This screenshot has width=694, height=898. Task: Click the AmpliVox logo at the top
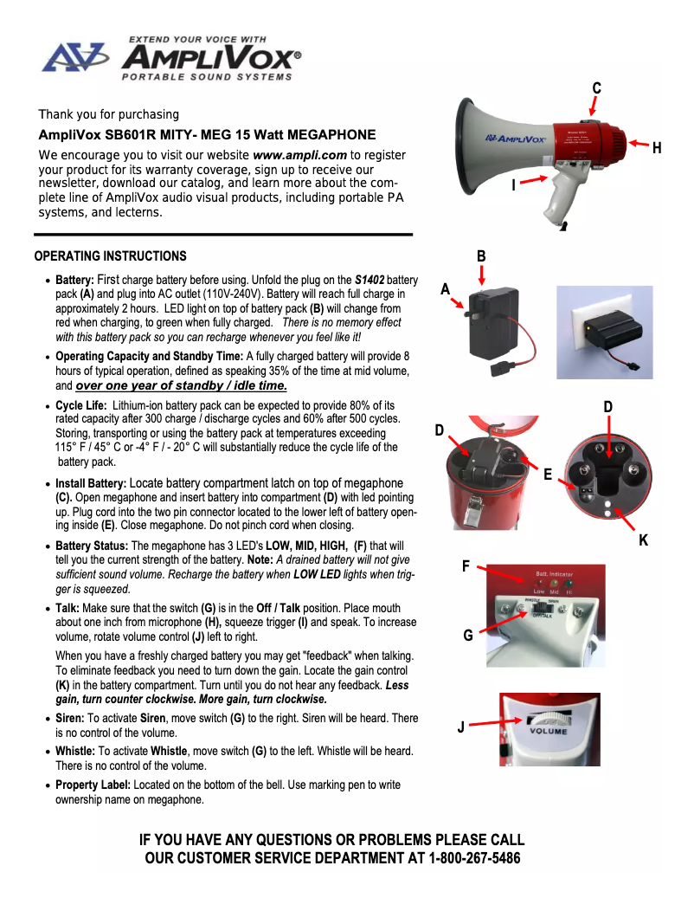(x=173, y=58)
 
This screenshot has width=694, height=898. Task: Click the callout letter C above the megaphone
(x=596, y=88)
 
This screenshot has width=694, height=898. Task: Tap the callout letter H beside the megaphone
(x=657, y=148)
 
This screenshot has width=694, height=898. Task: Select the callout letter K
(x=644, y=539)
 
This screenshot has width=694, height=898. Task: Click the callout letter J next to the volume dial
(x=460, y=727)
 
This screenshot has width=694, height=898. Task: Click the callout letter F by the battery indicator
(x=466, y=566)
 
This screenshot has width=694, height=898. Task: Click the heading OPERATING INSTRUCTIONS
(x=110, y=256)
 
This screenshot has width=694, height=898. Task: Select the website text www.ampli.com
(x=300, y=155)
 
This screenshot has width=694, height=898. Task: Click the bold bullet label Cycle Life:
(x=81, y=405)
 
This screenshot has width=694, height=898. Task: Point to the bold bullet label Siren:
(x=70, y=718)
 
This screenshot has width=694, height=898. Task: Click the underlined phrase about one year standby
(x=181, y=385)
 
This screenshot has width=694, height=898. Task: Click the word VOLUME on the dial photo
(x=548, y=732)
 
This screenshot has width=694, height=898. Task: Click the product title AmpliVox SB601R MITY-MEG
(x=207, y=134)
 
